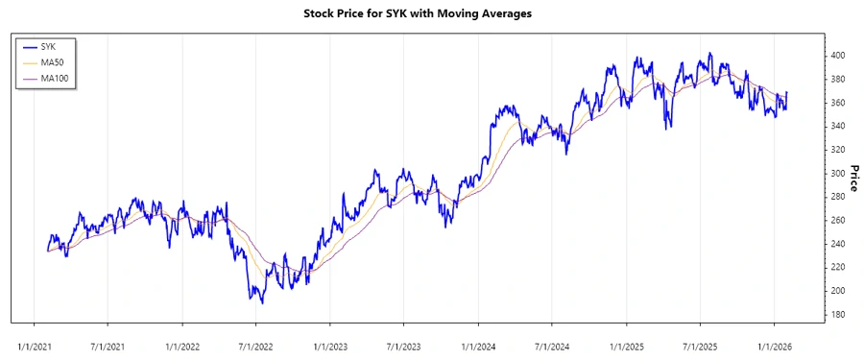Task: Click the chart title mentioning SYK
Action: click(x=431, y=13)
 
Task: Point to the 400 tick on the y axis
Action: click(x=839, y=56)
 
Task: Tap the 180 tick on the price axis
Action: click(x=839, y=314)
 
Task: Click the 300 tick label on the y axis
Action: click(x=839, y=174)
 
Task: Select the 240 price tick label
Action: click(x=839, y=244)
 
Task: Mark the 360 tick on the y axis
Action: click(x=839, y=103)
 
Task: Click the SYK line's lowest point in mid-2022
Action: click(x=261, y=303)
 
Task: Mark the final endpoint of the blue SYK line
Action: click(x=787, y=93)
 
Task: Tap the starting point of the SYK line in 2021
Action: click(x=47, y=251)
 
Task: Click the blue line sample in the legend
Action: click(x=29, y=46)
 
